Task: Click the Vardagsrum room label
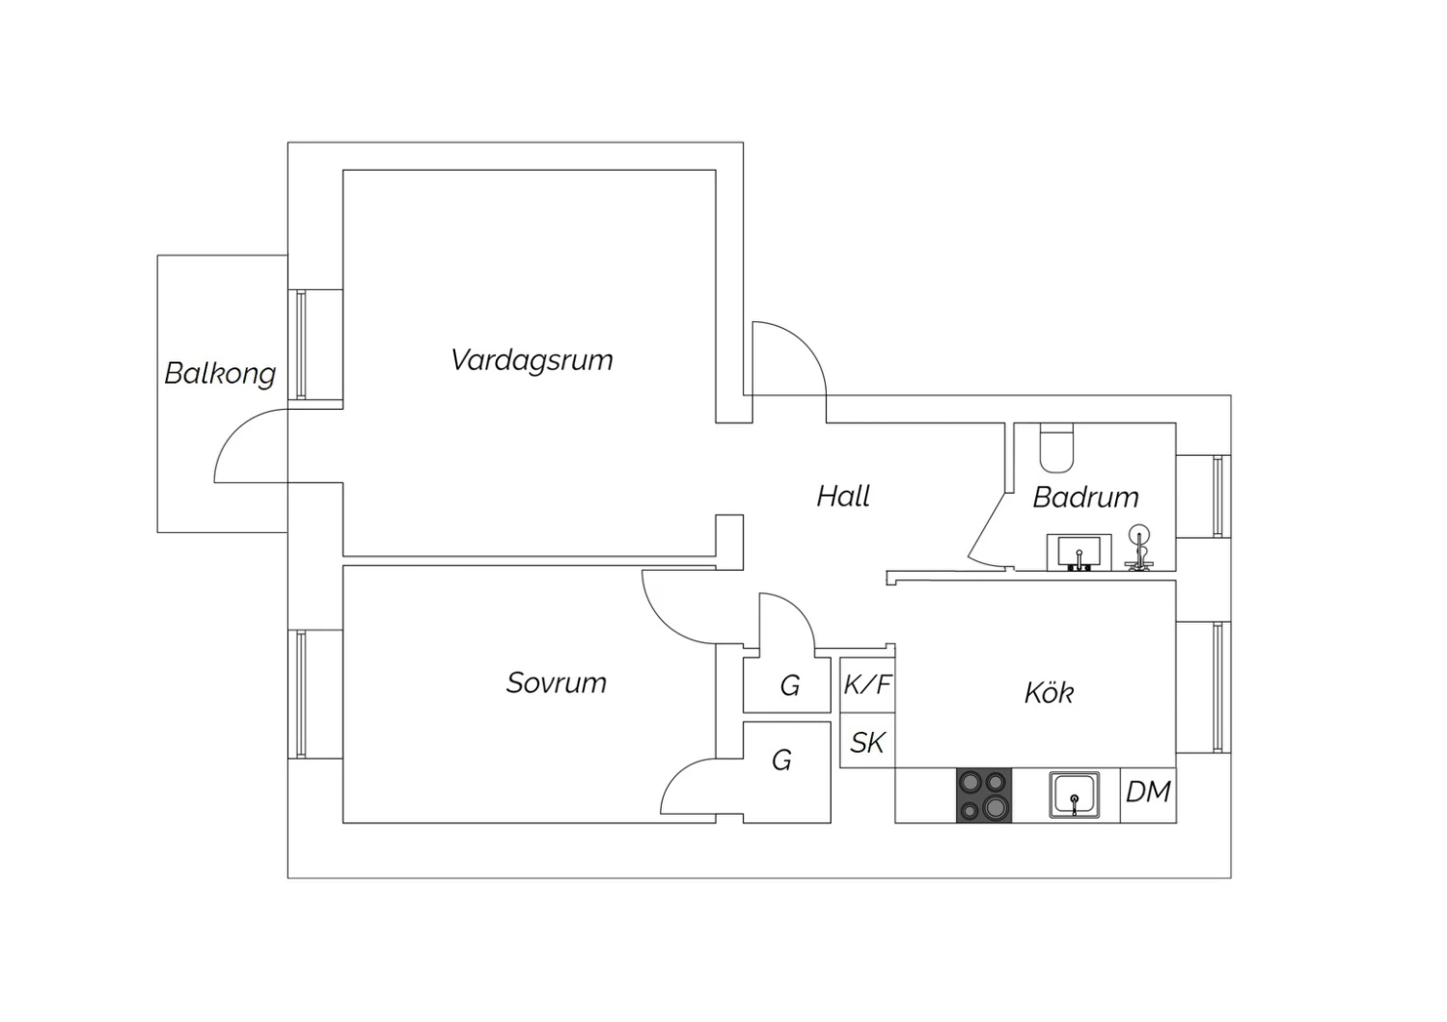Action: (x=532, y=361)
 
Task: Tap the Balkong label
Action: (x=220, y=374)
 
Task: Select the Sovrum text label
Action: (x=557, y=683)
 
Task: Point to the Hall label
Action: (x=843, y=496)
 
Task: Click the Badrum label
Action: (x=1085, y=498)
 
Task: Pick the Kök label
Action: (x=1050, y=692)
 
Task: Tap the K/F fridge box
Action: (x=867, y=685)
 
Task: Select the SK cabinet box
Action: (x=867, y=740)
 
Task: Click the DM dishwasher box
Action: (x=1148, y=795)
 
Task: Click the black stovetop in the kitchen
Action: (x=984, y=795)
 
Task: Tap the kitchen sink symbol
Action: (x=1075, y=795)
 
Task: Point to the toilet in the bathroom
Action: (x=1056, y=447)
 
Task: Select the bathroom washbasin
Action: (x=1078, y=552)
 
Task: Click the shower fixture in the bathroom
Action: (x=1139, y=549)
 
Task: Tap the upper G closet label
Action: (x=790, y=686)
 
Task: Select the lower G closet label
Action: (x=781, y=761)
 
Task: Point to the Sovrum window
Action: (x=301, y=694)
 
